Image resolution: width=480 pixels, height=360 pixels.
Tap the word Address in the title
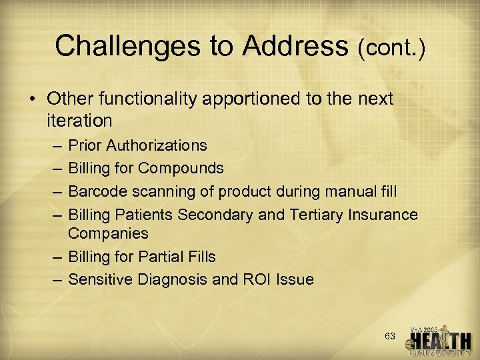tap(296, 45)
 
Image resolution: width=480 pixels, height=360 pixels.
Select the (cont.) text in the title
tap(391, 47)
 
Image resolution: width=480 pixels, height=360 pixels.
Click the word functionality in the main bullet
tap(139, 99)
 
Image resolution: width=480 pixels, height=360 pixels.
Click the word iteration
tap(79, 121)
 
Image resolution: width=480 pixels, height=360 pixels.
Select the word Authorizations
tap(157, 145)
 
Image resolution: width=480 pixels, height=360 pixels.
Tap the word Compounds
tap(183, 168)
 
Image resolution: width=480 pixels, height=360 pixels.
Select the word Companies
tap(108, 233)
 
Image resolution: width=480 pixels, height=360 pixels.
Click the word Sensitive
tap(100, 279)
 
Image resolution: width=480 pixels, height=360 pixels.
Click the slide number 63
tap(390, 335)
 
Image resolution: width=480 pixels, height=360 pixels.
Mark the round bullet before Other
tap(33, 100)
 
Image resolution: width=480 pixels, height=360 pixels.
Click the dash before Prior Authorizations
tap(54, 145)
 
